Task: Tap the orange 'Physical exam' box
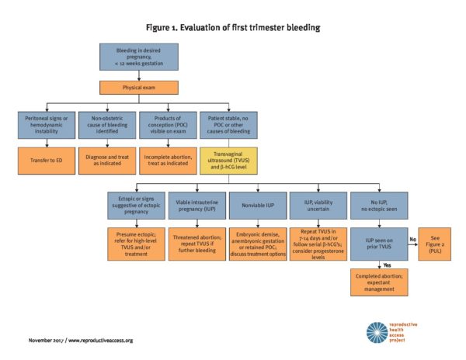[139, 87]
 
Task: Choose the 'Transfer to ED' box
[47, 160]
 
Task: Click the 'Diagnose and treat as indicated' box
[109, 160]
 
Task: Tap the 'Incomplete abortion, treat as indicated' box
[169, 160]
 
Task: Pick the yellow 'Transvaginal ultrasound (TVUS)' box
[230, 160]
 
